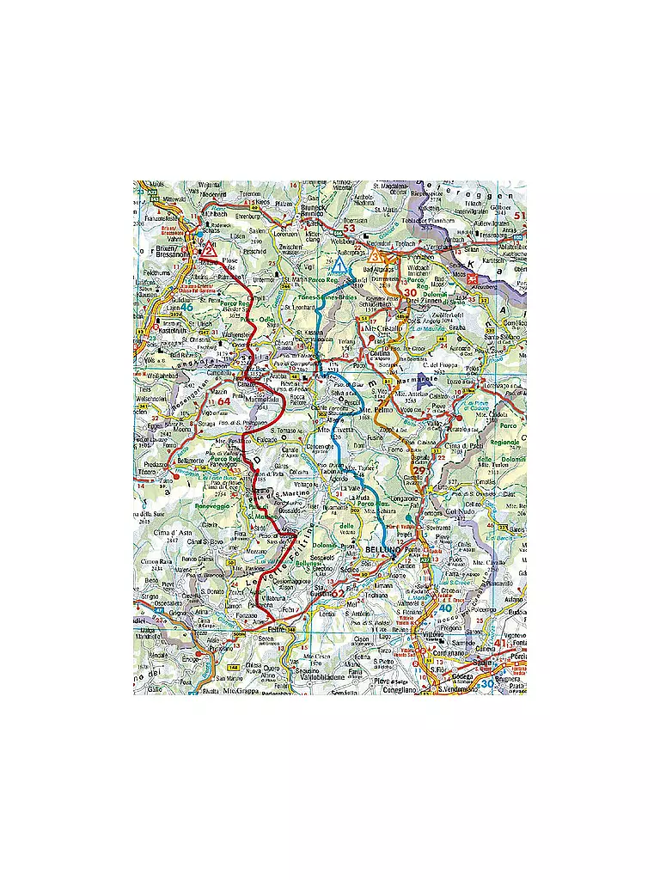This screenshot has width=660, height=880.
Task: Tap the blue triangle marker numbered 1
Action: (x=342, y=266)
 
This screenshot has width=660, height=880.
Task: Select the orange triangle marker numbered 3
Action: (x=375, y=255)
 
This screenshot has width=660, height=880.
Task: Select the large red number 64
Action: (x=223, y=400)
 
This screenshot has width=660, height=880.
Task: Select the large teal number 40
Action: (x=445, y=608)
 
